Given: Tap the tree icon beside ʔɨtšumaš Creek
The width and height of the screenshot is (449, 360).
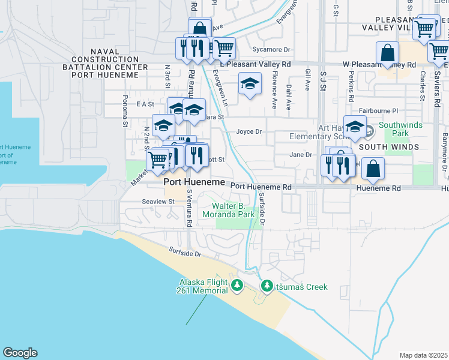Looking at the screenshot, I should [267, 287].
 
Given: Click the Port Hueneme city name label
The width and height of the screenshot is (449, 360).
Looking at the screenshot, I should [194, 182].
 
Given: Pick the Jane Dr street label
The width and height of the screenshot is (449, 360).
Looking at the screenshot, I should [301, 154].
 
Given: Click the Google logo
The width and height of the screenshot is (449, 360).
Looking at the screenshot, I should [20, 353].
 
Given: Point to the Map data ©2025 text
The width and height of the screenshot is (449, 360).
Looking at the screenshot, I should [423, 355].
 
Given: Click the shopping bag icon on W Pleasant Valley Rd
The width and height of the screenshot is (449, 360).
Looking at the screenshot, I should [388, 52].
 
